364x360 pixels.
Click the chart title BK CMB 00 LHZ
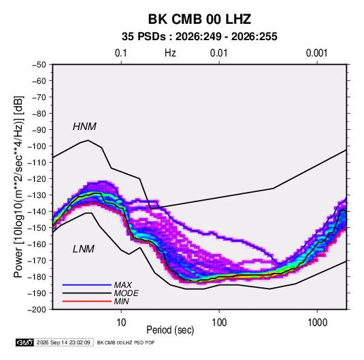tap(199, 19)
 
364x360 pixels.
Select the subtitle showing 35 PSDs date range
tap(199, 37)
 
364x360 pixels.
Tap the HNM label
tap(84, 127)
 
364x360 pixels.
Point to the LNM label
tap(84, 249)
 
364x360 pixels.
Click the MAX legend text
tap(122, 285)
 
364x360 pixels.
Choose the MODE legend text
tap(126, 293)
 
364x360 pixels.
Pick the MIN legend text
tap(121, 301)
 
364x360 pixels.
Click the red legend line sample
tap(87, 301)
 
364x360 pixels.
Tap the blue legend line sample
tap(87, 285)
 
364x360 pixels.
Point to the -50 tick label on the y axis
tap(39, 65)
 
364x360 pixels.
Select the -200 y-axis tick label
tap(37, 310)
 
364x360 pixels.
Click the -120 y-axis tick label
tap(37, 179)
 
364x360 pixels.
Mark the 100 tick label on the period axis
tap(219, 323)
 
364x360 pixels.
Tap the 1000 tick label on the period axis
tap(317, 323)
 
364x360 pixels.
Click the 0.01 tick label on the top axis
tap(218, 53)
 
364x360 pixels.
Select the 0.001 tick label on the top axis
tap(316, 53)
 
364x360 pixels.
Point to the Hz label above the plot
tap(170, 53)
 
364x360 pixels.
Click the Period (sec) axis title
tap(170, 330)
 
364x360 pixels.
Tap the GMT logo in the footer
tap(24, 342)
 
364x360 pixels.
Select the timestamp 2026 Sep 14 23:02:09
tap(63, 342)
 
